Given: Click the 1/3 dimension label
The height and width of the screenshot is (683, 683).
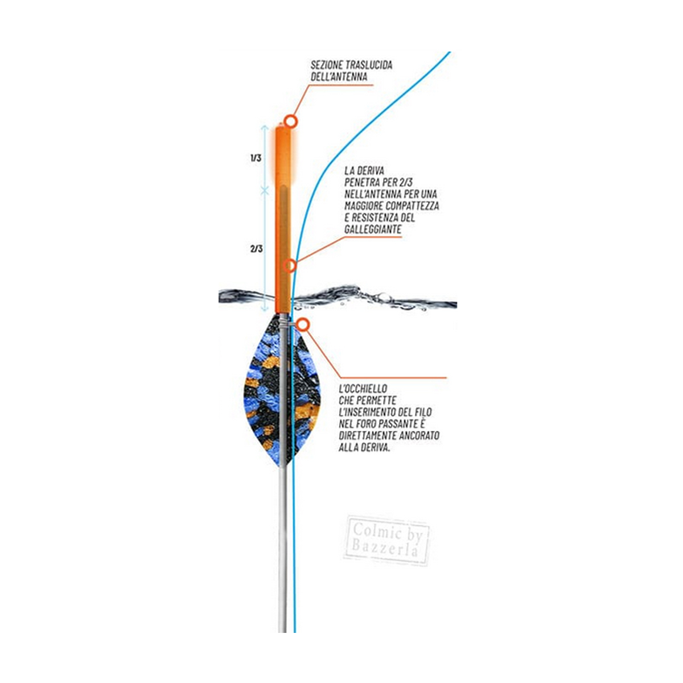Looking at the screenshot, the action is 256,158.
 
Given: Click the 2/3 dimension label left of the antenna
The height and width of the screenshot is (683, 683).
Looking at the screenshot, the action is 256,249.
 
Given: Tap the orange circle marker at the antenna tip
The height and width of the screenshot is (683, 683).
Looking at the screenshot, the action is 291,121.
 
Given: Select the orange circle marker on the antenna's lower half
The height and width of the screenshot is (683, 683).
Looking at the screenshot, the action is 290,265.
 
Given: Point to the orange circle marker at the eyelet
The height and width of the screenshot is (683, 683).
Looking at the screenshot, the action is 302,324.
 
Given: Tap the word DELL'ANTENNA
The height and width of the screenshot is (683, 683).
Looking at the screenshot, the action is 339,77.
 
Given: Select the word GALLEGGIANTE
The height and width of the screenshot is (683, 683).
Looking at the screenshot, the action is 373,229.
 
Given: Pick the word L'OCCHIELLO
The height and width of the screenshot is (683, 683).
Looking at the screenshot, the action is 363,389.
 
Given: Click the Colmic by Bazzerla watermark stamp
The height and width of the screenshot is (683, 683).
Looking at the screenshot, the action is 386,542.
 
